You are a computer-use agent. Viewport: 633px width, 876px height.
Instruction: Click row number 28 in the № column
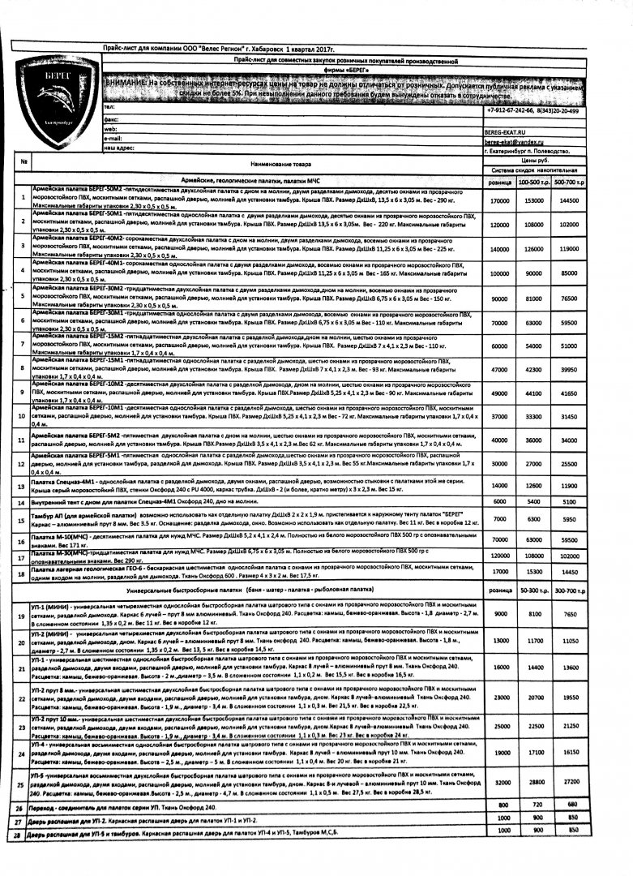[18, 832]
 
